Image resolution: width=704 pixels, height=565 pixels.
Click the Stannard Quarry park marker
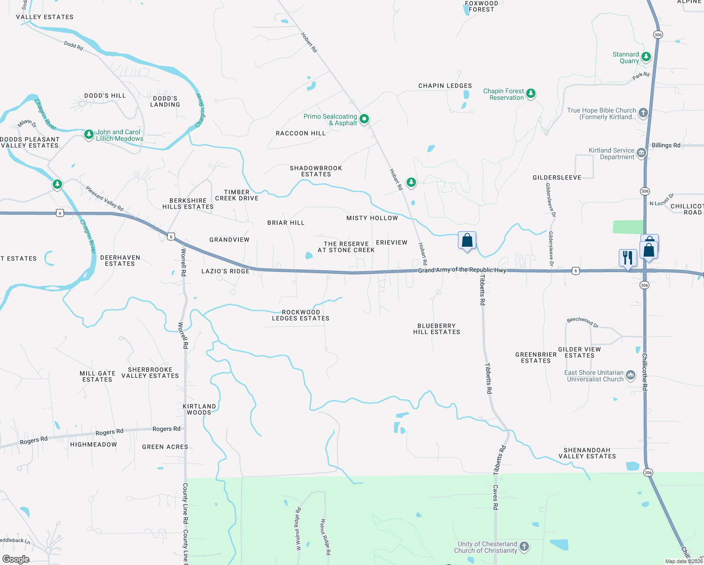pos(646,57)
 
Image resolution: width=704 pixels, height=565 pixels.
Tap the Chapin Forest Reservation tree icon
pos(531,93)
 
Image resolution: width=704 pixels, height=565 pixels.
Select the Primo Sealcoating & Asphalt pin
pos(364,119)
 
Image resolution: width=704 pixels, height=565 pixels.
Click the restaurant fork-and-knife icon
pos(627,258)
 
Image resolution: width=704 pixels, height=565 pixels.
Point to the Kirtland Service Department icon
pos(641,153)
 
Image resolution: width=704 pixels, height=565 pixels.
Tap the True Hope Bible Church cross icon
pos(643,113)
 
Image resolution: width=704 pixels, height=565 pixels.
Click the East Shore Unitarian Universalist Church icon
pos(631,375)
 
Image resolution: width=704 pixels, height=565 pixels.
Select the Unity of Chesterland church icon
pos(524,547)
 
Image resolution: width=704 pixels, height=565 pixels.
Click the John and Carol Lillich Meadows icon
pos(88,135)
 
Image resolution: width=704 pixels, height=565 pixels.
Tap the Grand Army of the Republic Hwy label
pos(462,270)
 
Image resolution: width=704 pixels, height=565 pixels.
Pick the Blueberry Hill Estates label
pos(437,329)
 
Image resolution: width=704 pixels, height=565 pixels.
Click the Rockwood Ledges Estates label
pos(301,315)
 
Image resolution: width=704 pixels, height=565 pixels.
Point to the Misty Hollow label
pos(372,218)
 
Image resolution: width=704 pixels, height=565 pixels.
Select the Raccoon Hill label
pos(301,133)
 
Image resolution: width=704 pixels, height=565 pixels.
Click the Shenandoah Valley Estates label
pos(587,453)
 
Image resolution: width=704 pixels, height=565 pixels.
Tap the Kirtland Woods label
pos(199,409)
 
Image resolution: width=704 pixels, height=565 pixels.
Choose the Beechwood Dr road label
pos(583,322)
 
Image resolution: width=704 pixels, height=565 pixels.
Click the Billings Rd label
pos(666,145)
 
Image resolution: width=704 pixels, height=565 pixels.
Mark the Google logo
pos(16,559)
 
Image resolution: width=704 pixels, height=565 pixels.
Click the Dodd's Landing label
pos(165,102)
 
